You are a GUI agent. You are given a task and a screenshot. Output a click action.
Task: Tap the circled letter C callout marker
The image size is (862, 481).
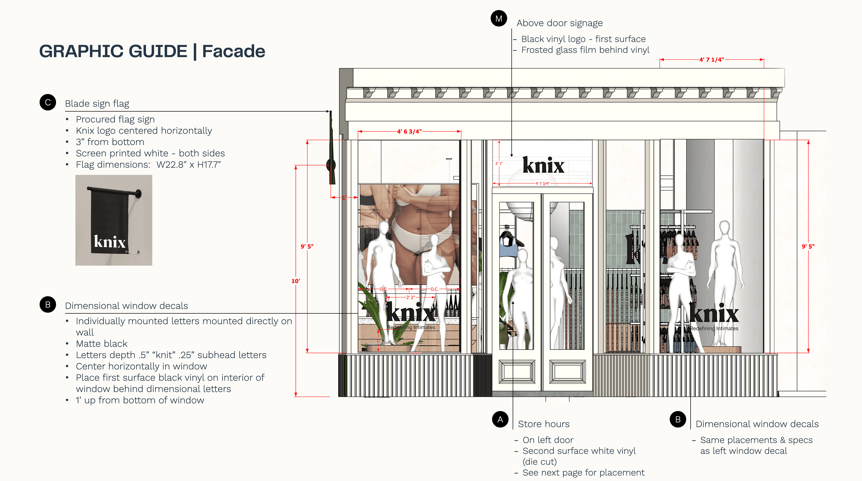click(x=48, y=103)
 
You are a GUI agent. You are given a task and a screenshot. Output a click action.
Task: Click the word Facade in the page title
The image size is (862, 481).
click(x=233, y=51)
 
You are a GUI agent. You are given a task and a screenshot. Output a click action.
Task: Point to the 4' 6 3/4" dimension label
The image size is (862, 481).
click(x=409, y=131)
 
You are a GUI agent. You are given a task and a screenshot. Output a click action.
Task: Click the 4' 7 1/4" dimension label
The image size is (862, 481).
click(x=711, y=60)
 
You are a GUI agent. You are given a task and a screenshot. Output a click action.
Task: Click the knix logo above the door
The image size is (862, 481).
click(x=543, y=165)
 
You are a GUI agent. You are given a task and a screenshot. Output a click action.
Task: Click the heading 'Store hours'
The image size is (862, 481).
click(x=543, y=424)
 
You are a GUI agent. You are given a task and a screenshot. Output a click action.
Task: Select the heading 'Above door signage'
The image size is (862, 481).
click(x=559, y=23)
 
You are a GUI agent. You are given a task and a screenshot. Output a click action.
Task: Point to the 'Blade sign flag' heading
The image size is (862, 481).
click(x=97, y=104)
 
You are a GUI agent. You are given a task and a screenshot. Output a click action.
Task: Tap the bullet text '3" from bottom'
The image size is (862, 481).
click(x=110, y=142)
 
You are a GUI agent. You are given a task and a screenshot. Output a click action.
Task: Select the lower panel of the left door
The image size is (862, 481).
click(x=517, y=371)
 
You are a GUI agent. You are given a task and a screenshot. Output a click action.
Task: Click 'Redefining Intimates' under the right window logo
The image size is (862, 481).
click(x=714, y=329)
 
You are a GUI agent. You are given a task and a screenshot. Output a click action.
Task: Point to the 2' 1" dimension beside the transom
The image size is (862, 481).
click(x=499, y=164)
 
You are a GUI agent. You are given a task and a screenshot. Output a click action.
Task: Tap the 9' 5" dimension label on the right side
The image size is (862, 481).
click(x=808, y=246)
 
